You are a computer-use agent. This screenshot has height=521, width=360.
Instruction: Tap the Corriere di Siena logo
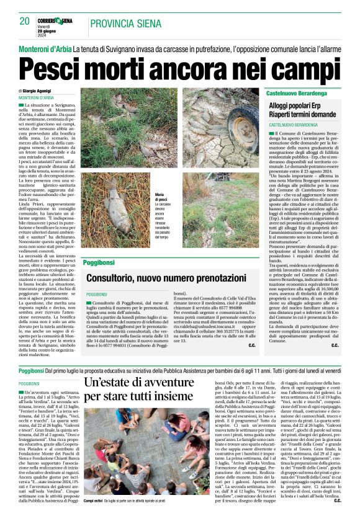pyautogui.click(x=55, y=20)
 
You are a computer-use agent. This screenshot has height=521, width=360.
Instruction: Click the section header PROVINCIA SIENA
pyautogui.click(x=127, y=24)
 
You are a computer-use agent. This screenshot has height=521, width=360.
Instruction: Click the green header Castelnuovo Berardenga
pyautogui.click(x=300, y=92)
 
